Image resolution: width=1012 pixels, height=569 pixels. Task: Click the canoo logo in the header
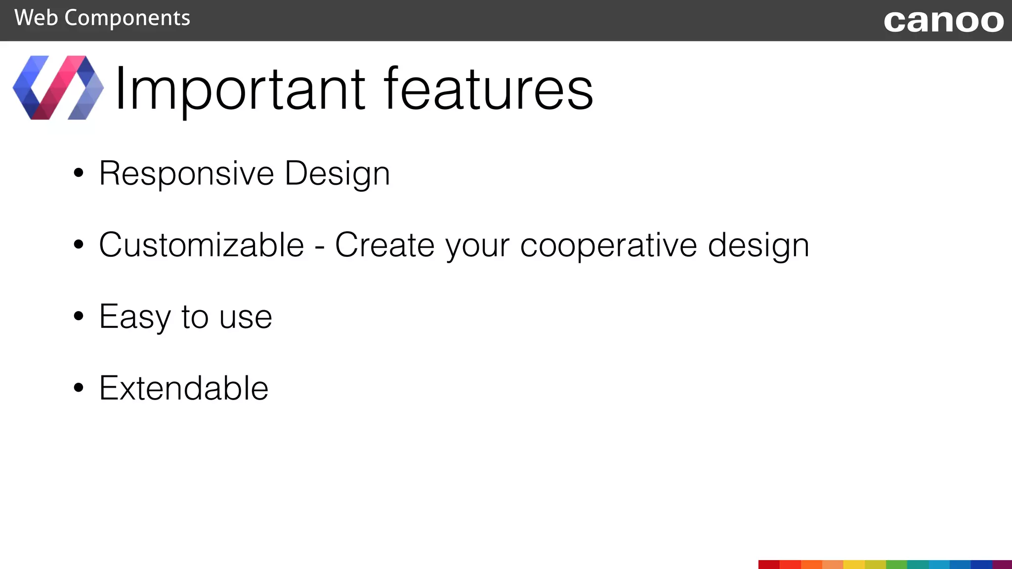click(x=943, y=21)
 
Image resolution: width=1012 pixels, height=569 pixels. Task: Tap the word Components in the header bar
click(x=127, y=19)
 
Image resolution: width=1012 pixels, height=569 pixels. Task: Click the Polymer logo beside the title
click(x=58, y=88)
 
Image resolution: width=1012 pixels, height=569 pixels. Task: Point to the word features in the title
click(x=488, y=89)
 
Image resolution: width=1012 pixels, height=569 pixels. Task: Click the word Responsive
click(x=186, y=174)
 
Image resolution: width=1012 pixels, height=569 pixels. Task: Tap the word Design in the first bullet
click(x=337, y=174)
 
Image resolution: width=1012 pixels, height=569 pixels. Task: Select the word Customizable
click(x=201, y=245)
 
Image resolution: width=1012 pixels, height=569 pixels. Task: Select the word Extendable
click(x=183, y=388)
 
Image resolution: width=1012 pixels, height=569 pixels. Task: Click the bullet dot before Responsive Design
click(x=79, y=173)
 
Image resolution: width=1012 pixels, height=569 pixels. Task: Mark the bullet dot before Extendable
click(x=79, y=388)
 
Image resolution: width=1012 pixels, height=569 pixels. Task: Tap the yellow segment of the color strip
click(x=854, y=565)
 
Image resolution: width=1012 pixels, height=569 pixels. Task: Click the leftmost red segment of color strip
click(x=769, y=565)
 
